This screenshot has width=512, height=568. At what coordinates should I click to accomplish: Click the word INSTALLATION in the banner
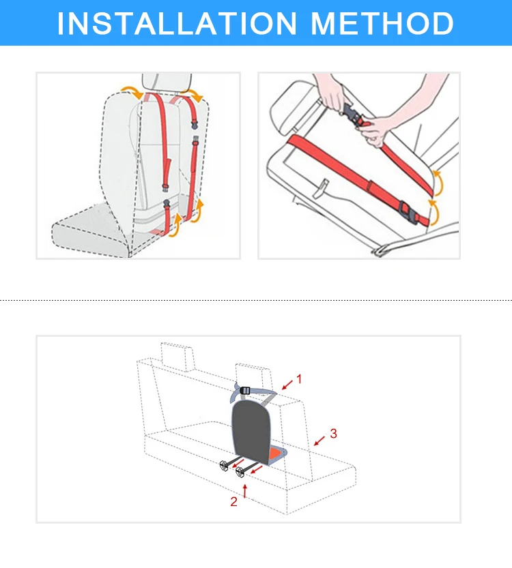click(177, 24)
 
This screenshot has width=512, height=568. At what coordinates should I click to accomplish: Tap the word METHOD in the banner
click(382, 24)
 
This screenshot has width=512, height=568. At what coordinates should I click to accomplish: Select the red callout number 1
click(299, 379)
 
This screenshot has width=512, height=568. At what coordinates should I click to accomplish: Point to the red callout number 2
click(234, 501)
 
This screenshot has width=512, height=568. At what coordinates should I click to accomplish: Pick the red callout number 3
click(334, 433)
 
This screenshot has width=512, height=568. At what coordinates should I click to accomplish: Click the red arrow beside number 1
click(287, 385)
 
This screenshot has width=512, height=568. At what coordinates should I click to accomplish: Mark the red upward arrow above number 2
click(245, 491)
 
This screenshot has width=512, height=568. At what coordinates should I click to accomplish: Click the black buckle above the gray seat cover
click(245, 391)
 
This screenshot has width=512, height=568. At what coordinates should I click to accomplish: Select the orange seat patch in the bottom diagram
click(276, 453)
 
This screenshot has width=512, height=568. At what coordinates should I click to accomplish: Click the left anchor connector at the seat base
click(225, 465)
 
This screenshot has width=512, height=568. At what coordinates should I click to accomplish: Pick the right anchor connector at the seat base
click(240, 472)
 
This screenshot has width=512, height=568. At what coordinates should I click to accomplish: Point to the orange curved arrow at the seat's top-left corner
click(131, 91)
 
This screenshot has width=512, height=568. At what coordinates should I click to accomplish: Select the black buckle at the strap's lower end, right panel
click(408, 213)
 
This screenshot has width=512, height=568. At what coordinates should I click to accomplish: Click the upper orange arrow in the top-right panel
click(438, 183)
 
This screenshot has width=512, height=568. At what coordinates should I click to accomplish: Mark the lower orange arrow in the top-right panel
click(433, 212)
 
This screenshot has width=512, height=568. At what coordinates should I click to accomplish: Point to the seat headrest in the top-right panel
click(290, 108)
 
